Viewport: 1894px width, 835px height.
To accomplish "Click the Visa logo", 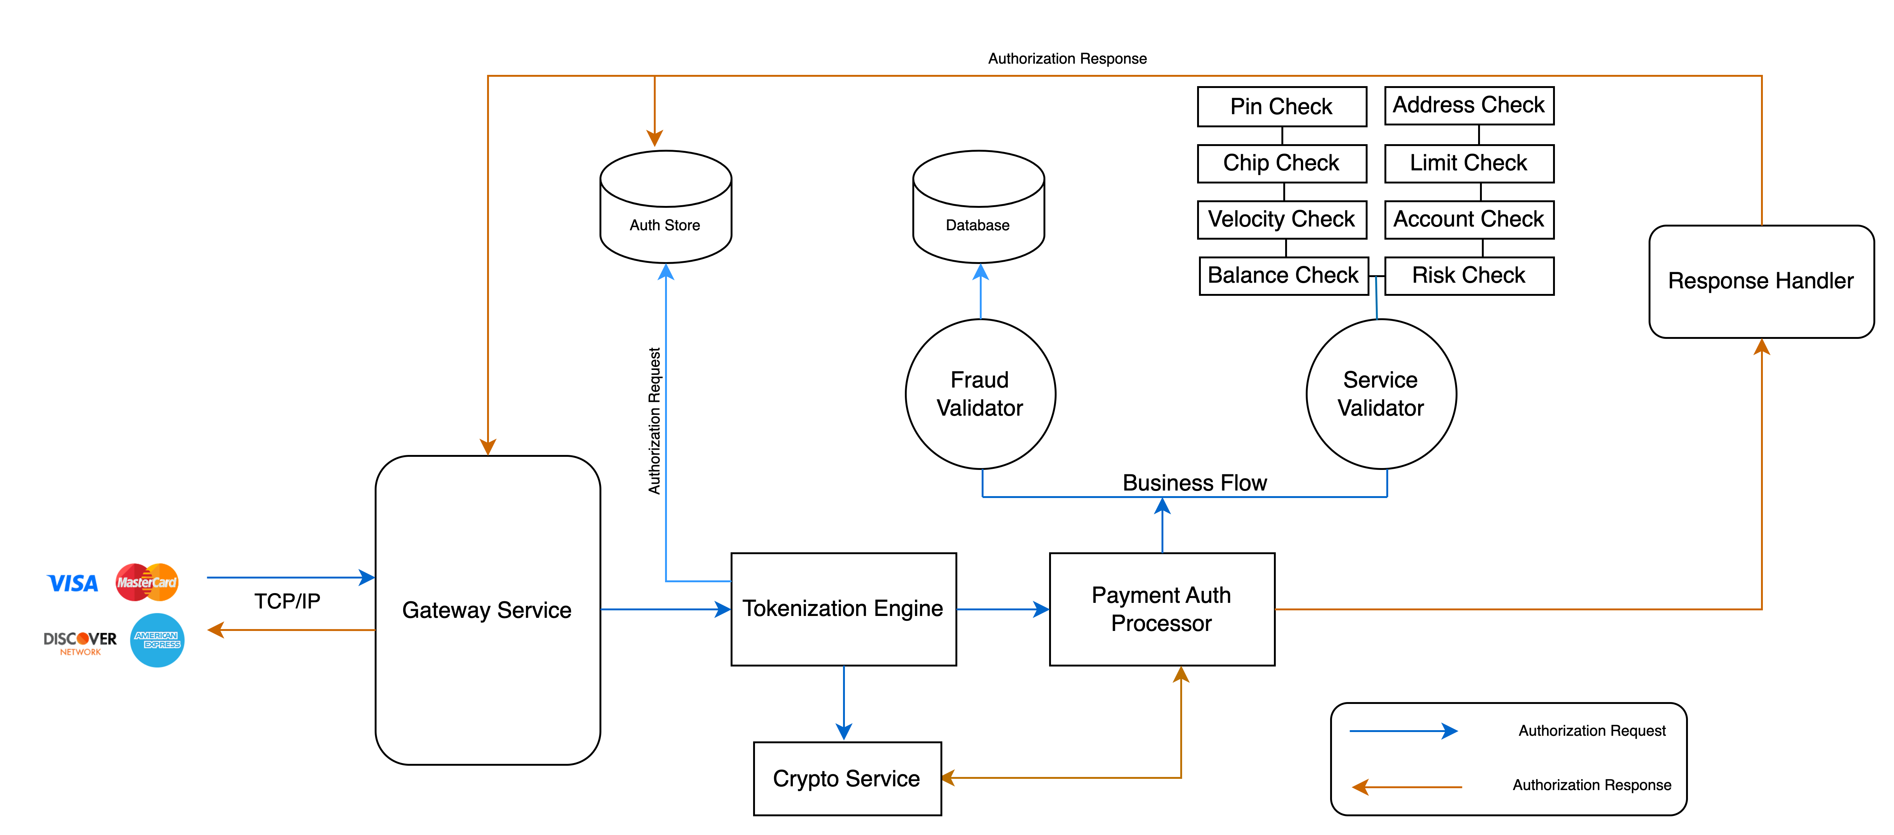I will point(72,583).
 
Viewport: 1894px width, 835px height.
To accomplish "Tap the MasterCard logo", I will point(147,582).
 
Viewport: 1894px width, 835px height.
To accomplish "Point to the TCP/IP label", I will point(287,601).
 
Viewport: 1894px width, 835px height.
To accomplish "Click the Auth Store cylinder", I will point(665,207).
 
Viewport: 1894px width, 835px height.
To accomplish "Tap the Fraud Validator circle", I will point(980,394).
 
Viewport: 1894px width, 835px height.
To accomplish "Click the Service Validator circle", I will point(1381,394).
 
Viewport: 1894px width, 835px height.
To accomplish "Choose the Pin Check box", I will point(1281,107).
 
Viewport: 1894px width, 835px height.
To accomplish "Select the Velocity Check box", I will point(1281,219).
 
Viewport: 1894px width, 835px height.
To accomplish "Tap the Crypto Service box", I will point(847,778).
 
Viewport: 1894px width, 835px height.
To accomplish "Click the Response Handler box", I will point(1761,281).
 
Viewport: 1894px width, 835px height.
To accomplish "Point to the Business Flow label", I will point(1195,483).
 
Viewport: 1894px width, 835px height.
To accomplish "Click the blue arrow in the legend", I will point(1403,731).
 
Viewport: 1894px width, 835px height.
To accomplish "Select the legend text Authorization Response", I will point(1592,785).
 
